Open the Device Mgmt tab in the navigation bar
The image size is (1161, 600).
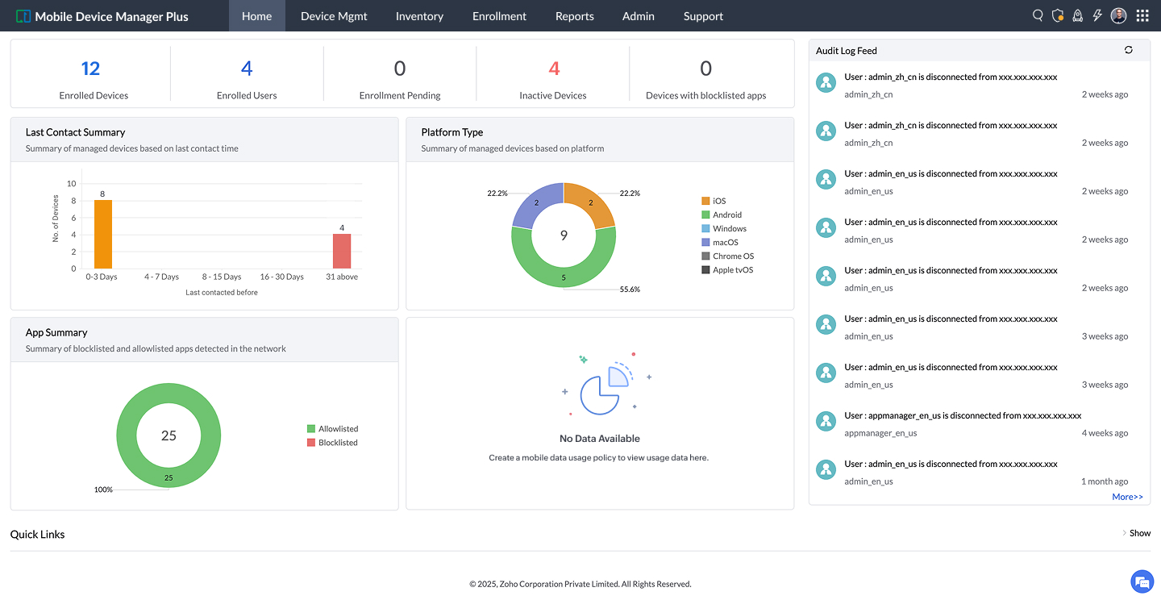[334, 16]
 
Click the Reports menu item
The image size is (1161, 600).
[574, 16]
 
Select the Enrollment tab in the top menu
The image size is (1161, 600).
[499, 16]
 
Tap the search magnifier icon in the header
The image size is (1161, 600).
[1038, 15]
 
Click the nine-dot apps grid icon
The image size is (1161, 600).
[1142, 15]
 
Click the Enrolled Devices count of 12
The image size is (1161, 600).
[90, 69]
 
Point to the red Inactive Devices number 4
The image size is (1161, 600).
[554, 69]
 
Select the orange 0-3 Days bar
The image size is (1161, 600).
[103, 234]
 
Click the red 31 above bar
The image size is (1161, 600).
[342, 251]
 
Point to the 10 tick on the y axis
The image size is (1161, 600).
[72, 184]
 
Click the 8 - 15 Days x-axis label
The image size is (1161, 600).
[221, 277]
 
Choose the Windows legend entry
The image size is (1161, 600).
[723, 229]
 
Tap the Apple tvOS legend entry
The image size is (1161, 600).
[727, 270]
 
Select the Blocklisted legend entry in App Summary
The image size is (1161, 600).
[332, 443]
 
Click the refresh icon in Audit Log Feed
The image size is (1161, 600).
[1129, 50]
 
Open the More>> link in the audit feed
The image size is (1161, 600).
[1127, 497]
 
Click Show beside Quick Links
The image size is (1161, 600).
[1140, 533]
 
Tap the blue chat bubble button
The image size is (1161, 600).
[1142, 581]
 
